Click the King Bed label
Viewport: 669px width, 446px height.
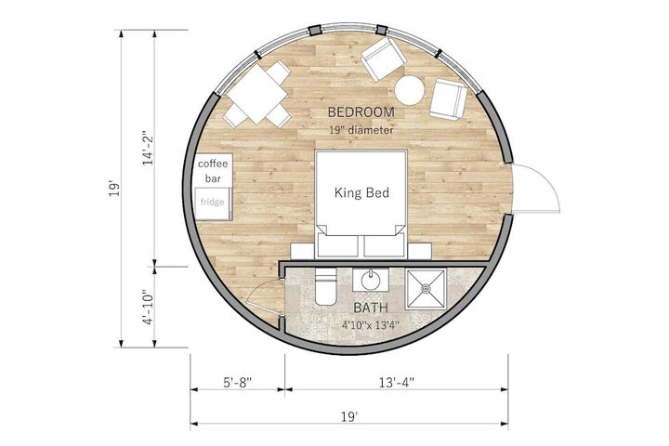point(361,192)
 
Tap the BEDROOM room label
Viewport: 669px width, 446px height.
point(361,112)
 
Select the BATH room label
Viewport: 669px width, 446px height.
point(371,308)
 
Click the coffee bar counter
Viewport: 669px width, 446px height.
point(214,170)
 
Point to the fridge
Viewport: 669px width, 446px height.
point(213,203)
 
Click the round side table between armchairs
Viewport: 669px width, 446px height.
point(409,90)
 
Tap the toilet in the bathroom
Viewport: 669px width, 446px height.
point(325,287)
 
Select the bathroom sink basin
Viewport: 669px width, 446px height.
point(371,281)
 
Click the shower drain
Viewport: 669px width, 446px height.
point(426,289)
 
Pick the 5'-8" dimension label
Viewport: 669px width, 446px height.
point(238,382)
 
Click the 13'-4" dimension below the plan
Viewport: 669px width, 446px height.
point(397,382)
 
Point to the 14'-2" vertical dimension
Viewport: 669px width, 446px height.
point(148,148)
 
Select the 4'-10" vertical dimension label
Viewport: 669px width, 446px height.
point(148,308)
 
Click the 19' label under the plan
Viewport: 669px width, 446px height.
point(349,416)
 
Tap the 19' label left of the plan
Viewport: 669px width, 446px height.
point(113,189)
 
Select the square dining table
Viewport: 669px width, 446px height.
point(255,95)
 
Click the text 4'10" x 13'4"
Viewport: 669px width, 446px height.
point(371,325)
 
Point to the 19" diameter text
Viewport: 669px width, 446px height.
point(361,130)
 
